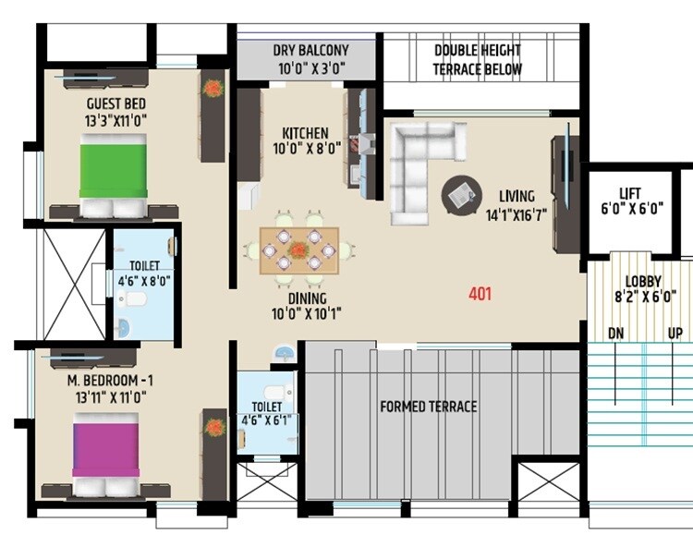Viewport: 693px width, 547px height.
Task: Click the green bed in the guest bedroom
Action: (113, 166)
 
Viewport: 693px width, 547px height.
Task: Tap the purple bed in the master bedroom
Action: (105, 445)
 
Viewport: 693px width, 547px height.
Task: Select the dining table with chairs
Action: (298, 249)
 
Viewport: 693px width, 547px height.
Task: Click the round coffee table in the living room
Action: (460, 195)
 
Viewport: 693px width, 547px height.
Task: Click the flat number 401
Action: (480, 295)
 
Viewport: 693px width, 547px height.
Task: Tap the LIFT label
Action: (630, 193)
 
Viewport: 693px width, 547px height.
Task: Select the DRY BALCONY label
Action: (310, 50)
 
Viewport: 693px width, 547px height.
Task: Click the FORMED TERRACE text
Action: (429, 407)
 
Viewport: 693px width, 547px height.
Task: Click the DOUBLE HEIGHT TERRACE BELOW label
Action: (478, 60)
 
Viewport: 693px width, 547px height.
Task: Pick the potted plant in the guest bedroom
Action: (213, 89)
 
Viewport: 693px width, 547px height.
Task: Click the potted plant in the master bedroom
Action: (213, 427)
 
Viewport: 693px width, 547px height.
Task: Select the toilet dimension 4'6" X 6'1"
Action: (267, 421)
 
